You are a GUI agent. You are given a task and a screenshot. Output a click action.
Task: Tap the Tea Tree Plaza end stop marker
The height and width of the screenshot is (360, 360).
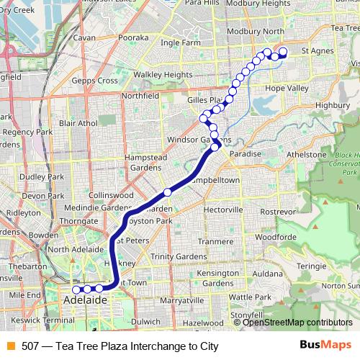click(283, 51)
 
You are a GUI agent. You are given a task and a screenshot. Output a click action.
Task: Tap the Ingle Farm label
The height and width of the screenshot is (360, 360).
click(181, 42)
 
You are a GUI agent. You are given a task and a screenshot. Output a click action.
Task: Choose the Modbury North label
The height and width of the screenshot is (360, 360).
click(254, 32)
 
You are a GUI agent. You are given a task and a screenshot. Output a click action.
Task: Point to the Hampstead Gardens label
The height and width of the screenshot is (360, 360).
click(135, 162)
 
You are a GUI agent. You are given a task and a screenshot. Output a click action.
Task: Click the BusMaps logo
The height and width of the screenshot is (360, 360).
click(328, 345)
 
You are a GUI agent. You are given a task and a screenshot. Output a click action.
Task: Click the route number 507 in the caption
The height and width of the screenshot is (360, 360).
click(30, 346)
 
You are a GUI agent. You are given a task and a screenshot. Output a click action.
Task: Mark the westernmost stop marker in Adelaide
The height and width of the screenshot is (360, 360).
click(76, 289)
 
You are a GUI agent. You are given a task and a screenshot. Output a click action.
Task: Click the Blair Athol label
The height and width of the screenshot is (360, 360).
click(78, 123)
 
